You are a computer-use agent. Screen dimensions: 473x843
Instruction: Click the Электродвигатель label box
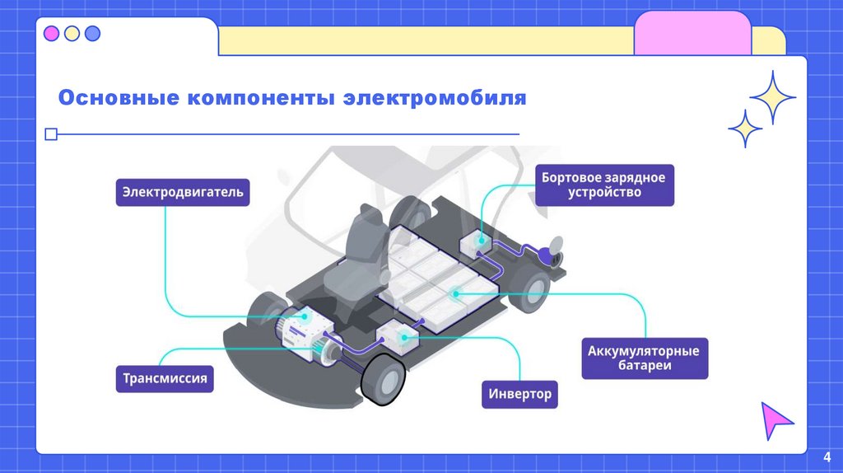182,193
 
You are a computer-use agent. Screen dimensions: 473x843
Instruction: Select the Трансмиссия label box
165,379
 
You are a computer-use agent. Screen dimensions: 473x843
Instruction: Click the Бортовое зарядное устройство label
604,185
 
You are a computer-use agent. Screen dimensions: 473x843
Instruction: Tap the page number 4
827,457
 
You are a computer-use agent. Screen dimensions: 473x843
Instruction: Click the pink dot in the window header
51,34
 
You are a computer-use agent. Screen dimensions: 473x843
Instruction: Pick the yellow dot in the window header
72,34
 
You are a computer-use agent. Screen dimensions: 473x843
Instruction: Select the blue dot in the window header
92,34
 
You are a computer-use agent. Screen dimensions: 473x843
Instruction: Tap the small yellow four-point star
745,129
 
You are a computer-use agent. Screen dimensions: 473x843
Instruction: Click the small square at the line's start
50,133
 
